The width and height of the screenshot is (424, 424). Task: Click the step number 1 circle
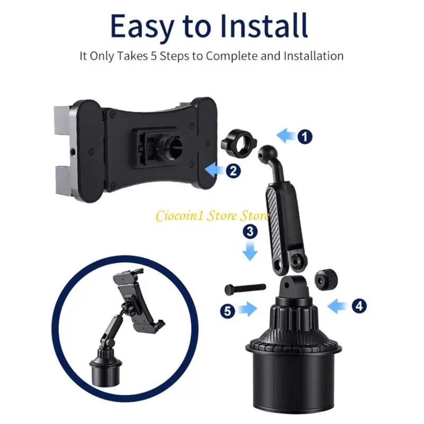tap(304, 137)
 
